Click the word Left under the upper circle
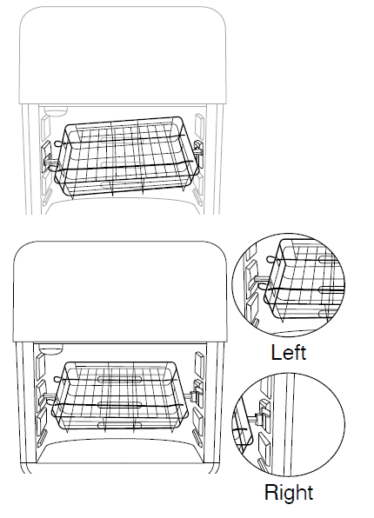(x=289, y=353)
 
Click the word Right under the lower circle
(x=289, y=492)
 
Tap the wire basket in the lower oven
(x=120, y=396)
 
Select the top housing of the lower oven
(x=120, y=291)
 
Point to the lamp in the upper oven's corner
(x=56, y=110)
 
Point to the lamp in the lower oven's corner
(x=50, y=349)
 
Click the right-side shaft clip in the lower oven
(x=194, y=395)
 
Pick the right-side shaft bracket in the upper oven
(x=198, y=150)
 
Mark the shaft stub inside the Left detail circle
(x=259, y=279)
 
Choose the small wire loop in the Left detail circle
(x=270, y=258)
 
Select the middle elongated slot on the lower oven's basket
(x=120, y=405)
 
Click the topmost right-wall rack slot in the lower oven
(x=199, y=364)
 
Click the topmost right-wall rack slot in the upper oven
(x=199, y=125)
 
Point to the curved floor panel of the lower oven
(x=120, y=451)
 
